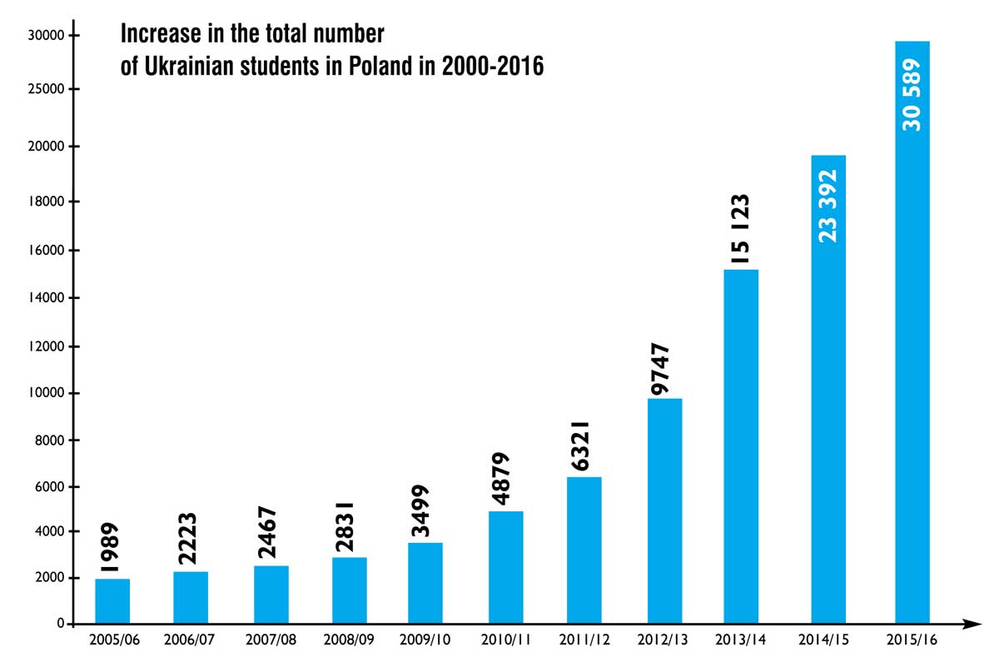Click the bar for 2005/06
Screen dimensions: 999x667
(x=112, y=600)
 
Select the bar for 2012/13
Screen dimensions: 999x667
(x=664, y=510)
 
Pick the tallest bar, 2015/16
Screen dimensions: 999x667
(x=912, y=332)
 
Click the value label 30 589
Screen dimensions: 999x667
(x=911, y=95)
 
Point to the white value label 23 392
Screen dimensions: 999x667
(x=828, y=207)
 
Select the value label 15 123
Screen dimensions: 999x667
(x=740, y=229)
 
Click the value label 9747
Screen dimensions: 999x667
(x=660, y=369)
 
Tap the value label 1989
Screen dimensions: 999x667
(x=109, y=547)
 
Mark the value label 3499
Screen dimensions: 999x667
(x=420, y=510)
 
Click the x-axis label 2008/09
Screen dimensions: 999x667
(x=349, y=640)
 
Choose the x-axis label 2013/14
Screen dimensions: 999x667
(x=740, y=640)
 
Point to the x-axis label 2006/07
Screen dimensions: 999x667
(x=189, y=640)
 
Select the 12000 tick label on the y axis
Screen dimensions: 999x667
(x=47, y=346)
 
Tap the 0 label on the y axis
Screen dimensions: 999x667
(x=61, y=623)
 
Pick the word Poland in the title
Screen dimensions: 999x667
(x=380, y=66)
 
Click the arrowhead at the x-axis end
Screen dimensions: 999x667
(x=972, y=624)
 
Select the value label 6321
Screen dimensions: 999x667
(x=579, y=446)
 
